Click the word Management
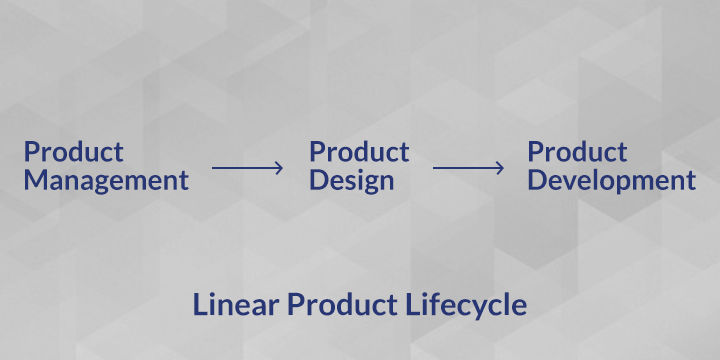point(106,181)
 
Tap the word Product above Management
point(73,152)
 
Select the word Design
point(352,181)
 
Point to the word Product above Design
point(359,152)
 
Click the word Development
point(612,181)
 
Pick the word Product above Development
point(577,152)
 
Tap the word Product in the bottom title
point(343,304)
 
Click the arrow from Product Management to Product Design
point(247,168)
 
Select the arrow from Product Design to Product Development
point(468,168)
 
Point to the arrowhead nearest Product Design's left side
point(279,168)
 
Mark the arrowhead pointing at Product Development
point(500,168)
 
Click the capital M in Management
point(35,180)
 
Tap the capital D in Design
point(319,180)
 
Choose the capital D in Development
point(537,180)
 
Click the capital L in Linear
point(200,304)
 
